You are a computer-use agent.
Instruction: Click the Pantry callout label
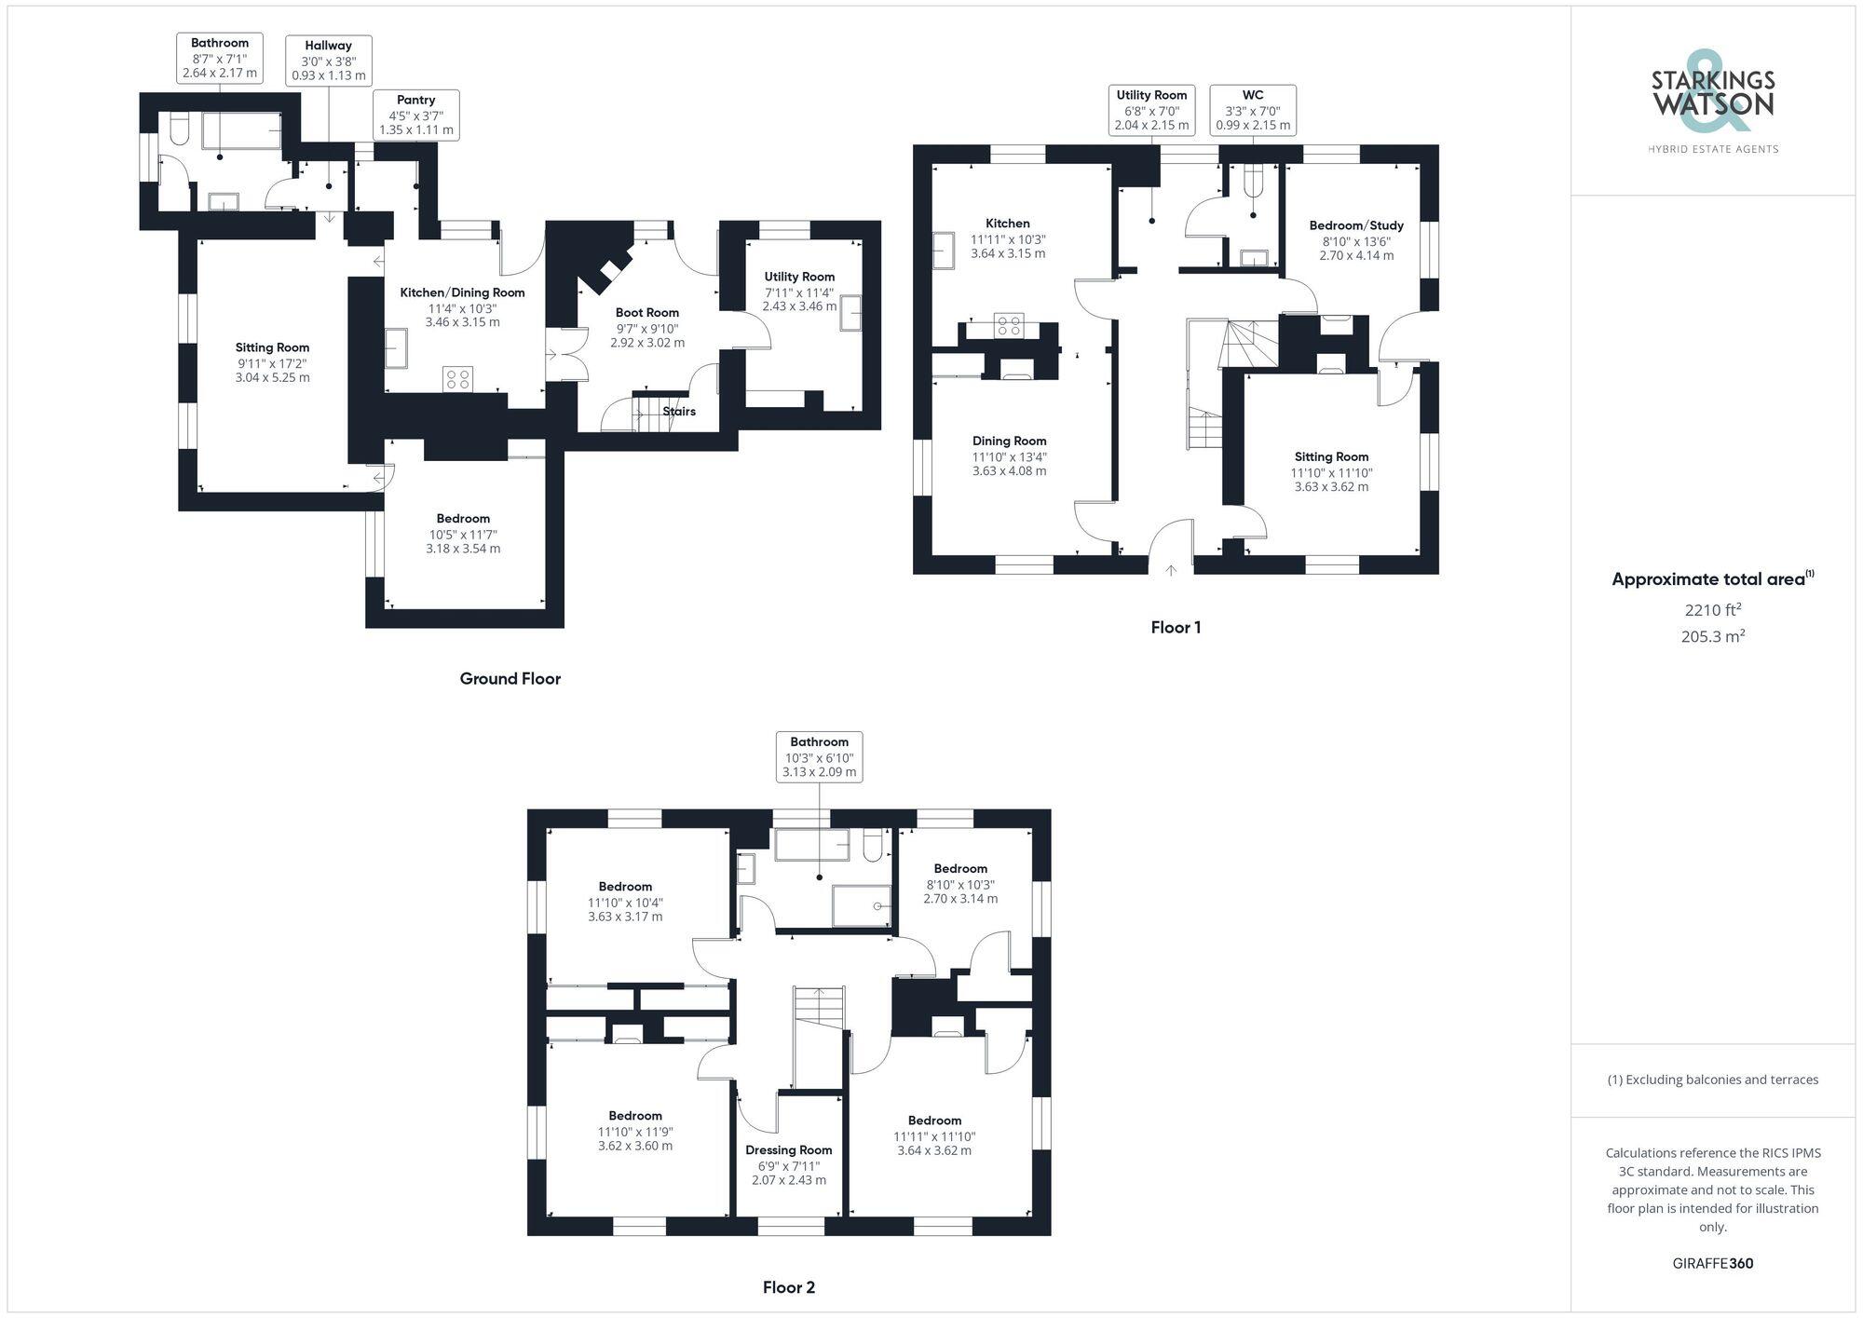pos(415,115)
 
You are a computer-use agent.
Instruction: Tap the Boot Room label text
pos(647,313)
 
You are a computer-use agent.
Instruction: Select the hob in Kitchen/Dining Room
pos(458,378)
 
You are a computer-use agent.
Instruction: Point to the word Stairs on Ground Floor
pos(679,411)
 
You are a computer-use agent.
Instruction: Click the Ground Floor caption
pos(510,679)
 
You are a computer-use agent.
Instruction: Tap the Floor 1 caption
pos(1176,628)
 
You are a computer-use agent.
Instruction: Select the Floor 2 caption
pos(789,1288)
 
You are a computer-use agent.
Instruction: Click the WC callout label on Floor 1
pos(1253,110)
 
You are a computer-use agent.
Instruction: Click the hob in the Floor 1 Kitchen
pos(1009,325)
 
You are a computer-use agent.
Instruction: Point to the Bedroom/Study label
pos(1356,225)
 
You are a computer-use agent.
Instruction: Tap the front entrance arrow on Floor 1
pos(1171,570)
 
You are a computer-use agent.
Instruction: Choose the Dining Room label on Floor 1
pos(1009,442)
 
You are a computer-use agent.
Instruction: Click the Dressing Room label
pos(789,1150)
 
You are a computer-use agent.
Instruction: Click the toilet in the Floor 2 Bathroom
pos(874,845)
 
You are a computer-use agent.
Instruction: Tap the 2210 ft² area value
pos(1712,611)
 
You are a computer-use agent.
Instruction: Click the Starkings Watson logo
pos(1712,102)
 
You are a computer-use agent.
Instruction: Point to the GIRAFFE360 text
pos(1712,1264)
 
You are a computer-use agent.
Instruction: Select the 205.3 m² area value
pos(1712,637)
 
